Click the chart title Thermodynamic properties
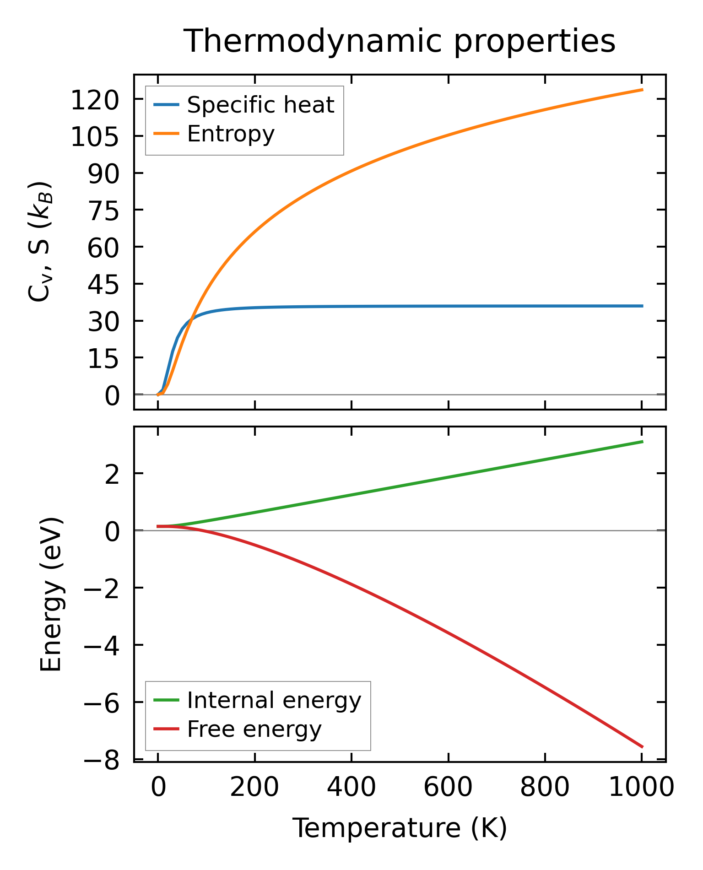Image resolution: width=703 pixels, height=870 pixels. coord(399,42)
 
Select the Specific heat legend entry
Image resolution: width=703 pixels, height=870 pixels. coord(260,105)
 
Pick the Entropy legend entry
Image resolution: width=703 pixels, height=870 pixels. coord(231,134)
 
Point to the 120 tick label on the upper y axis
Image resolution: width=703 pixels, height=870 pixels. coord(95,101)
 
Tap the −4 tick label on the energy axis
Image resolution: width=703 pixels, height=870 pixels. coord(101,646)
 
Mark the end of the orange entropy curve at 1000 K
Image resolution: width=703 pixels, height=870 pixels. coord(642,90)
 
